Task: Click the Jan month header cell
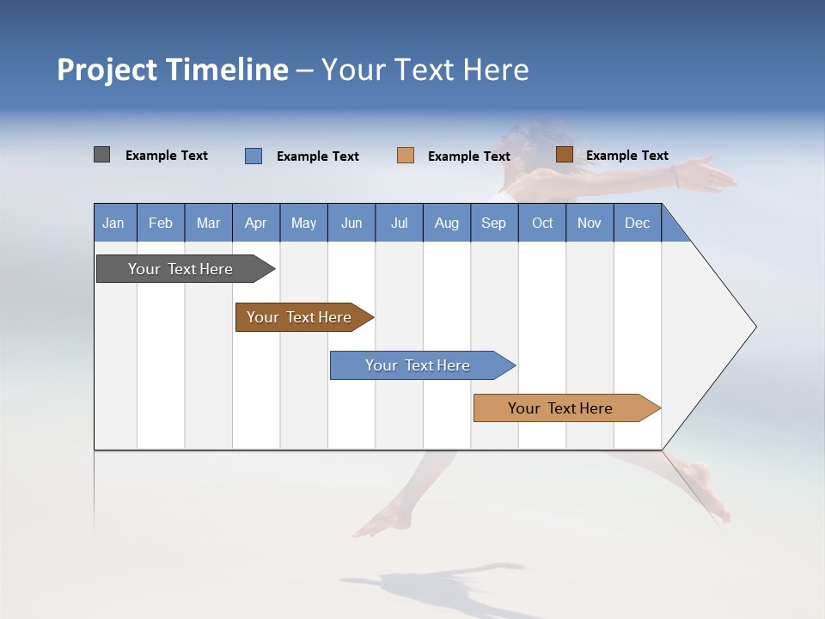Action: pos(114,223)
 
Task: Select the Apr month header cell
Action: pos(255,223)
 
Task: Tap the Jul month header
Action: pos(399,223)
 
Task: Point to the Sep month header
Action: pos(493,223)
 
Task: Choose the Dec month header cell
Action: pos(637,223)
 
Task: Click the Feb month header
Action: pos(161,223)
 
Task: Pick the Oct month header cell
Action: pos(542,223)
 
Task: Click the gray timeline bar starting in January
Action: pos(181,269)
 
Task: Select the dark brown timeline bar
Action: pos(300,317)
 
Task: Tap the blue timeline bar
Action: pos(419,365)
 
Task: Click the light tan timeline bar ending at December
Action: pos(561,408)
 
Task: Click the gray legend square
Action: pos(101,155)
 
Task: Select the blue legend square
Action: pos(254,156)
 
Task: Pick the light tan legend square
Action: pos(406,156)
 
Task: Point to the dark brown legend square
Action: pos(564,155)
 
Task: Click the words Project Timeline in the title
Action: pos(173,70)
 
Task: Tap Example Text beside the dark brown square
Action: pos(626,156)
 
